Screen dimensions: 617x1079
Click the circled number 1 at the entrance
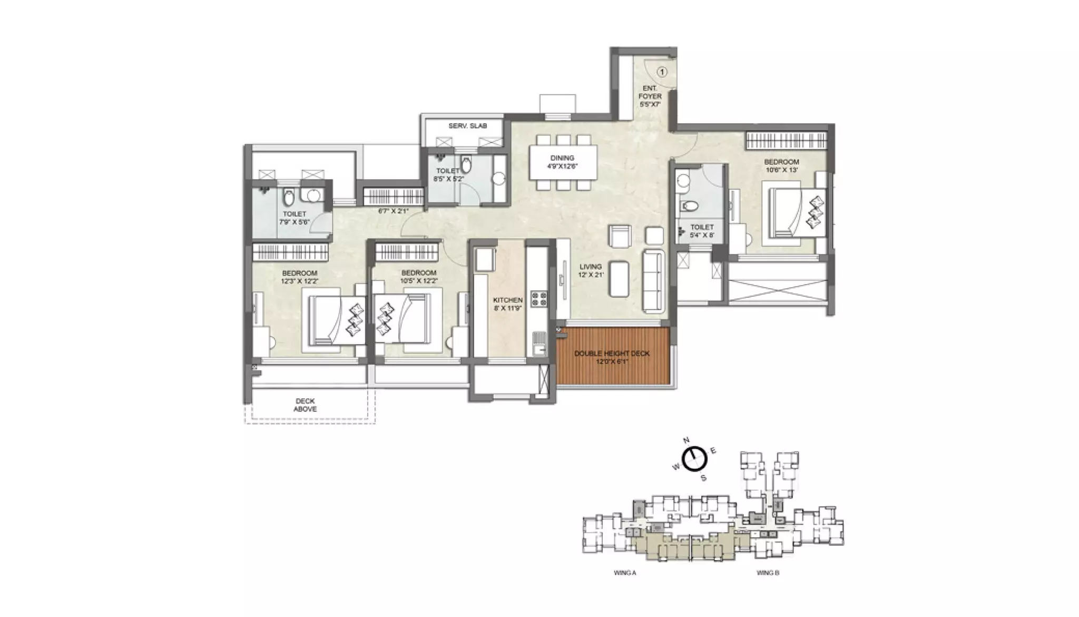coord(662,72)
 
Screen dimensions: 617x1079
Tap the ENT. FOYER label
coord(650,96)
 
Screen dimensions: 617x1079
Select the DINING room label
coord(562,162)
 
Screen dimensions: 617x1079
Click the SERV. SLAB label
coord(468,126)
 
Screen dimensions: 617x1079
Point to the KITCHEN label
coord(508,304)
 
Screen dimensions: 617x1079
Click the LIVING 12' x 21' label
coord(591,270)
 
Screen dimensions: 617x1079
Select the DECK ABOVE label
coord(305,405)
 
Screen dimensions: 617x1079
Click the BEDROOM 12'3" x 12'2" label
coord(300,277)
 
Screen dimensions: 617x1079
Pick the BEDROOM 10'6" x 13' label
coord(781,165)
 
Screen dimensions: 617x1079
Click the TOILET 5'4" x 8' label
coord(702,231)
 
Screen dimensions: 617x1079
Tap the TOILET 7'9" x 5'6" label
coord(294,218)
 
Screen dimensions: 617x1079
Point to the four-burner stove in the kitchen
coord(538,299)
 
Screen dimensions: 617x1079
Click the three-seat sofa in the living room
coord(653,281)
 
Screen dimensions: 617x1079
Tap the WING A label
coord(625,573)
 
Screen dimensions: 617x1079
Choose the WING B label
coord(768,573)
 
